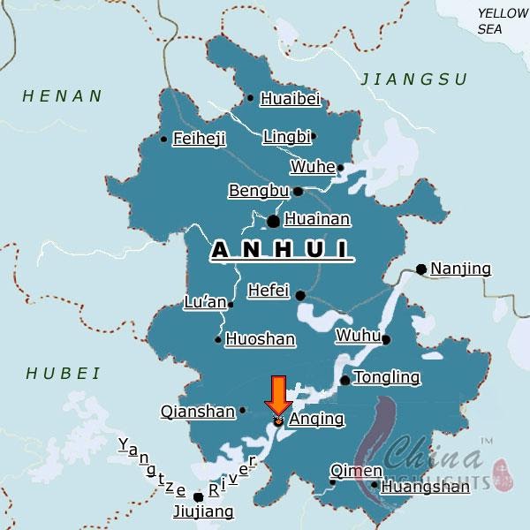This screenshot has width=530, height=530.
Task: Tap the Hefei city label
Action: [x=269, y=290]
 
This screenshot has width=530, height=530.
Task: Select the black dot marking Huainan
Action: [x=274, y=221]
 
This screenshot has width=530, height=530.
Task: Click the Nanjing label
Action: [x=460, y=269]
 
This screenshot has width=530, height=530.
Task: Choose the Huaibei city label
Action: [x=289, y=99]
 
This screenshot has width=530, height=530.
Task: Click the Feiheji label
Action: [x=200, y=139]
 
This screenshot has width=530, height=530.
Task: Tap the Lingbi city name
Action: [x=286, y=137]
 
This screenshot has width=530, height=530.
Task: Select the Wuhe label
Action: [x=313, y=167]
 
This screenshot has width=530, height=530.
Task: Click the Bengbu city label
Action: [x=259, y=191]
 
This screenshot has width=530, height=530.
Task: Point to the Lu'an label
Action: [x=204, y=303]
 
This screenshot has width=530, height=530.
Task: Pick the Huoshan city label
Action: [x=254, y=338]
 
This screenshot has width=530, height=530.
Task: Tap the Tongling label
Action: [x=386, y=378]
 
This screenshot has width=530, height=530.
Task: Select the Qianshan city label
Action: [x=198, y=411]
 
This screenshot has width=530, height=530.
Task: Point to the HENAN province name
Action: [x=63, y=95]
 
